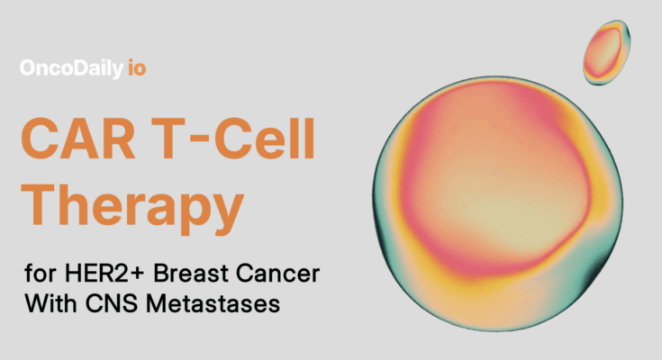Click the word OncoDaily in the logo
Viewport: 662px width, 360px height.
tap(71, 68)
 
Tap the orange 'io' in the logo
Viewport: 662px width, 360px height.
tap(137, 67)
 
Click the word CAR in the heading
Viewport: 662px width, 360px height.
tap(78, 139)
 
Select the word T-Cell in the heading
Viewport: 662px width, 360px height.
tap(233, 139)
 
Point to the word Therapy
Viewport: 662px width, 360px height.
tap(132, 208)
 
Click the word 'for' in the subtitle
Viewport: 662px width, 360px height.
tap(41, 273)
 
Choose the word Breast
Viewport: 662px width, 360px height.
tap(190, 273)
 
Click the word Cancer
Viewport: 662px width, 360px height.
tap(277, 273)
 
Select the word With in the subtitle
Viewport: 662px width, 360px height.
tap(50, 303)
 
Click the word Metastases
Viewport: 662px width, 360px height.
tap(213, 303)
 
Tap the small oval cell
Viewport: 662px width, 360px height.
tap(606, 52)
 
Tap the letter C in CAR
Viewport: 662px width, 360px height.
tap(41, 139)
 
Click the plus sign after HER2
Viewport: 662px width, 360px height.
tap(137, 274)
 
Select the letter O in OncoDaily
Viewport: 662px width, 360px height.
tap(28, 67)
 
